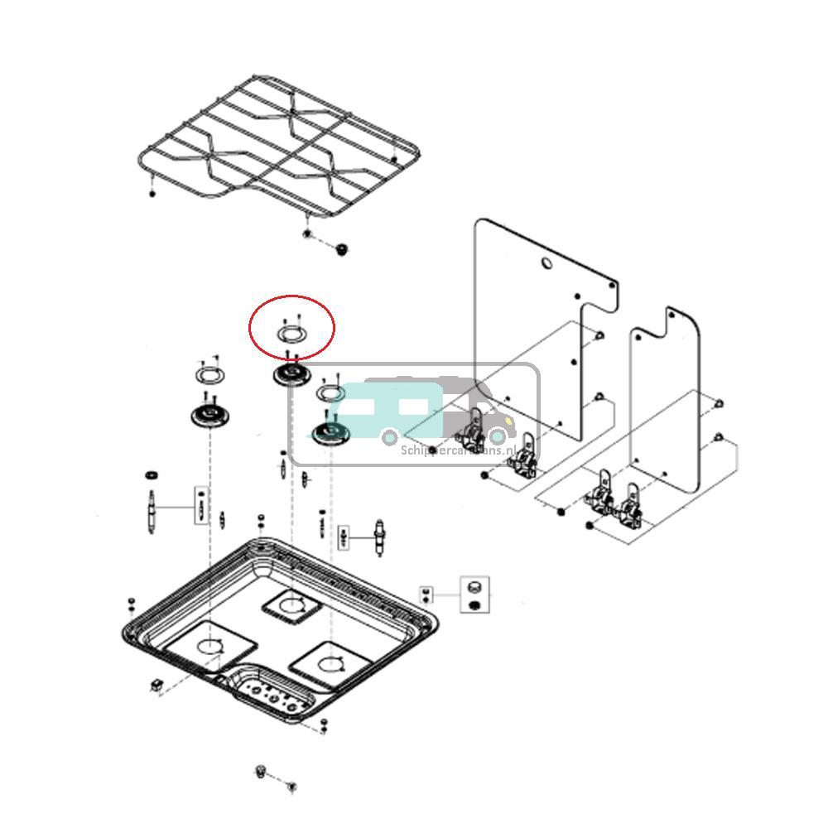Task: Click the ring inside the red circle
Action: [291, 334]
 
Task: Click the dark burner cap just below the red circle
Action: [291, 375]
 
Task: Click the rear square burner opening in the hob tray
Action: [291, 607]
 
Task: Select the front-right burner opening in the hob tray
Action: [330, 662]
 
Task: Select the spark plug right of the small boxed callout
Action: [381, 538]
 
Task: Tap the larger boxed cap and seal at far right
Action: [474, 595]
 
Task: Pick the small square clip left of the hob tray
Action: [155, 685]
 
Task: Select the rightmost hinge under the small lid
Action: [633, 507]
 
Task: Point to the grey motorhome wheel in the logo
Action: [497, 436]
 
